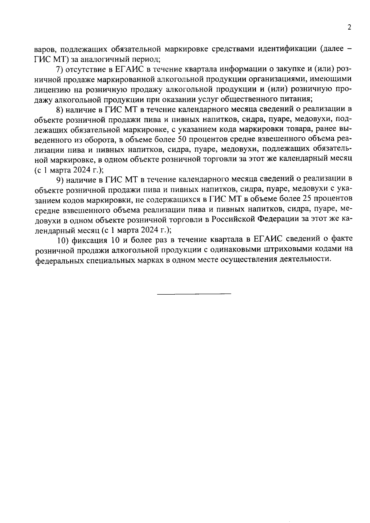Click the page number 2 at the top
(x=349, y=28)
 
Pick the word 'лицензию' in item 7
(x=51, y=90)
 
